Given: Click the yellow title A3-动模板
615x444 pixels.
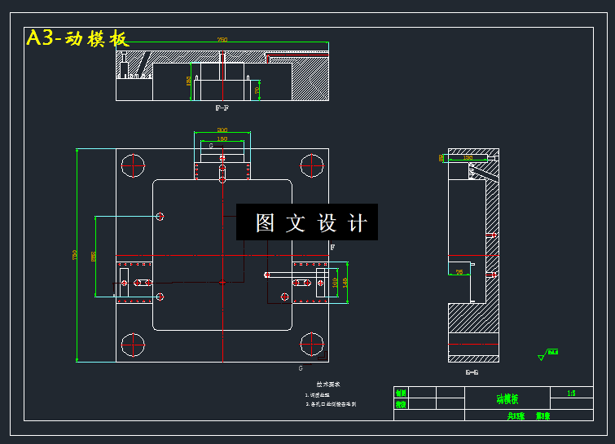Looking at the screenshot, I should tap(77, 38).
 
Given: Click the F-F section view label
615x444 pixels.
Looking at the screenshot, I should tap(222, 108).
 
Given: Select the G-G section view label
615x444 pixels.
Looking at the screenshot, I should tap(472, 372).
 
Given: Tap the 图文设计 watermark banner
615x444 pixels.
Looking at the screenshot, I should tap(307, 222).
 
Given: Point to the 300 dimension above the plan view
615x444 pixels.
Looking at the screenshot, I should tap(222, 130).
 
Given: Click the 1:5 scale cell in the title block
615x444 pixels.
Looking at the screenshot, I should tap(571, 393).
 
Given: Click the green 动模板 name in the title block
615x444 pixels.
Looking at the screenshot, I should tap(507, 398).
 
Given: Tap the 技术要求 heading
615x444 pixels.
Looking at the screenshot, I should tap(328, 384).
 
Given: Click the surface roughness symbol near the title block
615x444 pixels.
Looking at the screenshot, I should tap(544, 354).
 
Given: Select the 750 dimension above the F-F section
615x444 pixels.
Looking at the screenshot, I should tap(222, 39).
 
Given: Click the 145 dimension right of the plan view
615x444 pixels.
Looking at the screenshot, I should tap(345, 282).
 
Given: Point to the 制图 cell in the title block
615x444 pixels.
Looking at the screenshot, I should tap(401, 393).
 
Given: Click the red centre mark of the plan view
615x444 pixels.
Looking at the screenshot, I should tap(222, 282).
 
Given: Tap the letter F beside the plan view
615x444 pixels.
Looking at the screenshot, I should tap(332, 247).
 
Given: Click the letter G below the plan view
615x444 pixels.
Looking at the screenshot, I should tap(301, 368).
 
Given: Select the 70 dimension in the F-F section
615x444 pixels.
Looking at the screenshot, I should tap(257, 90).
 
